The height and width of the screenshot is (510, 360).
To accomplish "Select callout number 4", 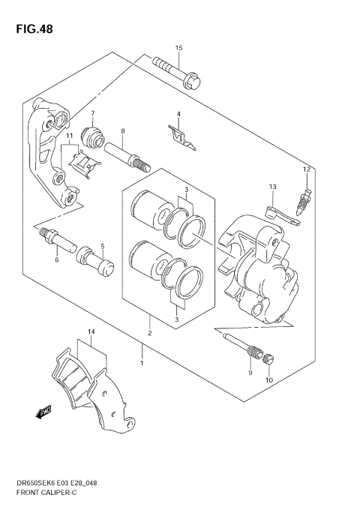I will point(178,114).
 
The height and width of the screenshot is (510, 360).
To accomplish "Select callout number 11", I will point(68,136).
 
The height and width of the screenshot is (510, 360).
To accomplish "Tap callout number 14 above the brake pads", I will point(90,331).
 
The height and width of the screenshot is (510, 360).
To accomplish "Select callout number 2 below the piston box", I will point(150,333).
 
